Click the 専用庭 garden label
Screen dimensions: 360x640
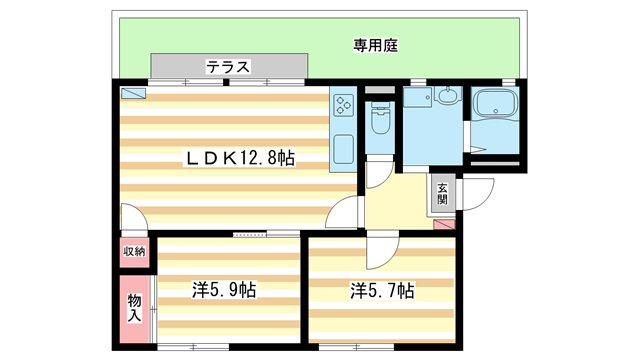click(376, 45)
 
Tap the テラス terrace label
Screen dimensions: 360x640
click(228, 67)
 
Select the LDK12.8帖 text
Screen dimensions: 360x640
click(237, 158)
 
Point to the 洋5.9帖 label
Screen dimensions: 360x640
click(224, 291)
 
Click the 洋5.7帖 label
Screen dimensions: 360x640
click(382, 291)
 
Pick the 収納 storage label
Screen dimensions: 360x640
click(134, 252)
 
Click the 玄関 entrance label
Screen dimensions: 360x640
click(441, 193)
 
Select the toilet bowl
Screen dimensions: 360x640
click(379, 123)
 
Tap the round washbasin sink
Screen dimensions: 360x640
click(447, 98)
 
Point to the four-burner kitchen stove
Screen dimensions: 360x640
click(344, 106)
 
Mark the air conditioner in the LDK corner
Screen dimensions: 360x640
click(133, 94)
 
